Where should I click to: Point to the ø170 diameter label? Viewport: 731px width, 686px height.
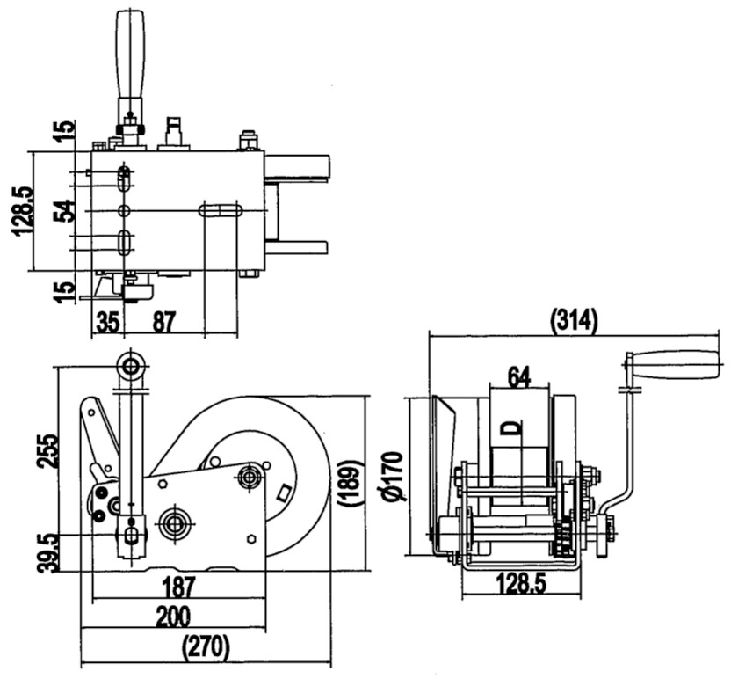pos(394,478)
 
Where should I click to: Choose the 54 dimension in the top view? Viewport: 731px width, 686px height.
pos(62,211)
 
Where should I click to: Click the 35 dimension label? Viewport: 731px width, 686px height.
pos(107,321)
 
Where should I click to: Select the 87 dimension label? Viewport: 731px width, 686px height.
pos(164,321)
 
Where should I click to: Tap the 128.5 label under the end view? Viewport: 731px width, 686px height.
pos(518,581)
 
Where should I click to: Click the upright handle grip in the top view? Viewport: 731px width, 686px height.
pos(131,56)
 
